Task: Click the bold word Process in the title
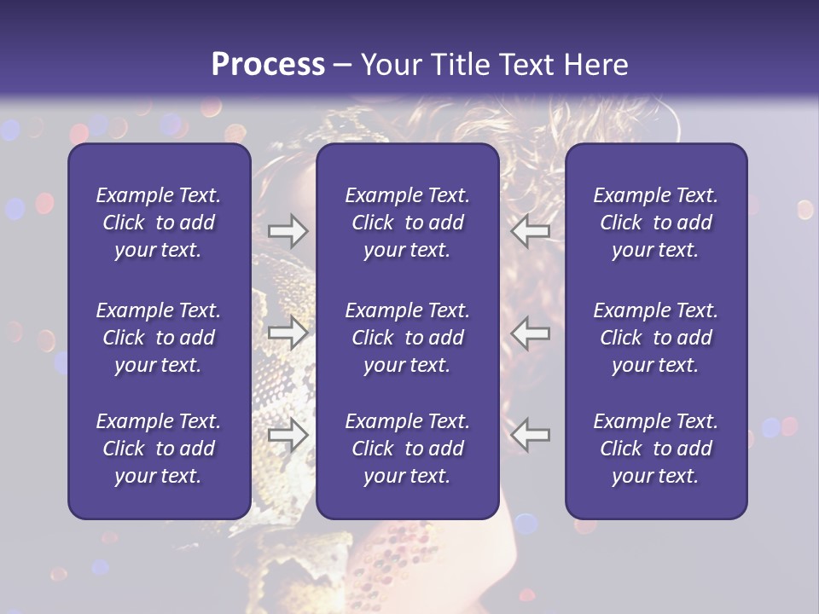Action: pos(268,65)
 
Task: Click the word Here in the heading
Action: pos(594,65)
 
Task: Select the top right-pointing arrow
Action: pos(288,230)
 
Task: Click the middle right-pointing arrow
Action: pos(288,333)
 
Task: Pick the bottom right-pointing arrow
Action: pos(288,435)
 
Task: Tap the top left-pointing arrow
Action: pos(530,230)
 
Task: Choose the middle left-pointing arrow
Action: pos(530,333)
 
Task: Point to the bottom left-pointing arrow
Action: pos(530,435)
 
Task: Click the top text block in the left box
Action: pos(159,223)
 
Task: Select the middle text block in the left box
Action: pos(159,338)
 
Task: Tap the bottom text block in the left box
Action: pos(159,449)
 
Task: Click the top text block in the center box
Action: pos(407,223)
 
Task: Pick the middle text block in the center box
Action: pos(407,338)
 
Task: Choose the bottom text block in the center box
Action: pos(407,449)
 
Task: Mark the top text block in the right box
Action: pos(656,223)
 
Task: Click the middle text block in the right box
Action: pos(656,338)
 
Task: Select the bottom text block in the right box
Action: pos(656,449)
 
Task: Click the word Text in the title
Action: pos(522,65)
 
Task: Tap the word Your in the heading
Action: pos(389,65)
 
